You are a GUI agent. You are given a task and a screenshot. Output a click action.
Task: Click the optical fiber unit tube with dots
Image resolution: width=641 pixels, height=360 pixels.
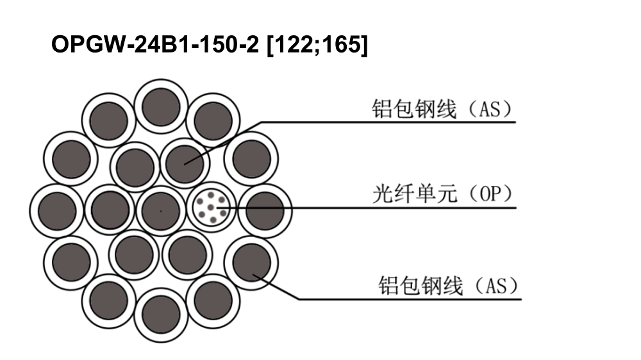(212, 208)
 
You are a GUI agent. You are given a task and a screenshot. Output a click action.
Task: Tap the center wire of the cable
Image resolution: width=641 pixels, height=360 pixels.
(161, 211)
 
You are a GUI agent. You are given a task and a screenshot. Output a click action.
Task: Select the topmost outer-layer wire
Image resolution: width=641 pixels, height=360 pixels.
(161, 106)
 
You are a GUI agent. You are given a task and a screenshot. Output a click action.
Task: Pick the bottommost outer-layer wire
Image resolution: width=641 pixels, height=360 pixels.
(161, 315)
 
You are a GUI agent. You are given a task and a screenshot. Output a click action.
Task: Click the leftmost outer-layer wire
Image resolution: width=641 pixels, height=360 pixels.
(57, 211)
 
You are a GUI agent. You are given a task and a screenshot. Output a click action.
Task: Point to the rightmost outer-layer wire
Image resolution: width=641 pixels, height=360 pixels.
(265, 211)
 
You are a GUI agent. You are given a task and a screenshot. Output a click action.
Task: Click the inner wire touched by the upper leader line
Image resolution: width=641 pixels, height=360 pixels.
(185, 163)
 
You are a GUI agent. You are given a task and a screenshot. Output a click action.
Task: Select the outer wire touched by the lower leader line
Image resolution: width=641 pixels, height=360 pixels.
(251, 263)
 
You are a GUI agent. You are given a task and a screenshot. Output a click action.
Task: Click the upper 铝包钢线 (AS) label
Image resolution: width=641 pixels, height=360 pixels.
(442, 109)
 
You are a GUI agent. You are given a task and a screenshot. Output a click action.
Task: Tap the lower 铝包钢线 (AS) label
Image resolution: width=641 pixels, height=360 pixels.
(448, 286)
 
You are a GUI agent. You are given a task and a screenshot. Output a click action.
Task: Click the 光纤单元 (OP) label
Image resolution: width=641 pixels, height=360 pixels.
(442, 193)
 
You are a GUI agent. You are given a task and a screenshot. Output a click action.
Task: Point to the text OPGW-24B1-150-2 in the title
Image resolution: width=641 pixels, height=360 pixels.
(155, 44)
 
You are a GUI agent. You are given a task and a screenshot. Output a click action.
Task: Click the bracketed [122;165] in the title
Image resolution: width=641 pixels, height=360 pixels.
(317, 44)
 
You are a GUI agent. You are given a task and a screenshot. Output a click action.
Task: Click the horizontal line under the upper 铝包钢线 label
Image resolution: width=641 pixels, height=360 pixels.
(388, 122)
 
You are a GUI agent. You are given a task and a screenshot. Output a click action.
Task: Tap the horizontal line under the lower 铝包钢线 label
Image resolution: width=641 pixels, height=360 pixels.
(410, 299)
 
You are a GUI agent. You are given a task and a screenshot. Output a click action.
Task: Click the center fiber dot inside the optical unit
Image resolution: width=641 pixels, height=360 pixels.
(210, 208)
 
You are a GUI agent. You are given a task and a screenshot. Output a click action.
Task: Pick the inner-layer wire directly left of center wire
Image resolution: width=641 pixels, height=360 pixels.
(110, 209)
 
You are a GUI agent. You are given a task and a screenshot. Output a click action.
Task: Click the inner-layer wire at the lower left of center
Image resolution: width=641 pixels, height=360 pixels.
(134, 254)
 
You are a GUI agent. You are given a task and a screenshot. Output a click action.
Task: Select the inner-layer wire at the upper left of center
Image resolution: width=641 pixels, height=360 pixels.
(135, 167)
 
